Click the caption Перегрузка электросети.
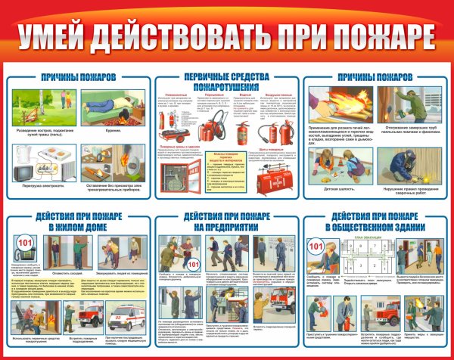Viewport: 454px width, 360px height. (x=42, y=185)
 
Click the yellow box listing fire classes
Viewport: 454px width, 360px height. (x=226, y=169)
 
